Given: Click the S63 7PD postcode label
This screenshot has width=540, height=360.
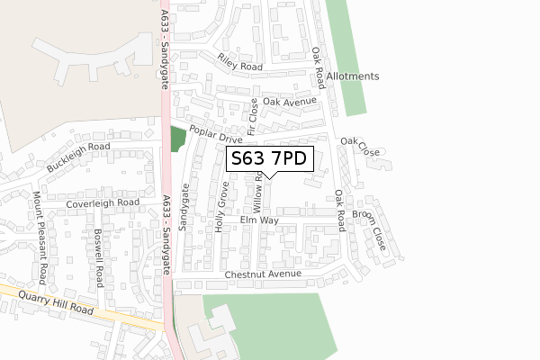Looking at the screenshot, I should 270,159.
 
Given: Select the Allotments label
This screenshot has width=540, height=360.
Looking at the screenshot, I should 354,76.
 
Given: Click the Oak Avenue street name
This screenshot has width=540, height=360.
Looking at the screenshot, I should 290,102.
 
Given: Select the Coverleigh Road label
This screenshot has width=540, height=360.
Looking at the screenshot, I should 103,203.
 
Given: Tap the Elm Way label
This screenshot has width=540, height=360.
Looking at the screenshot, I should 259,220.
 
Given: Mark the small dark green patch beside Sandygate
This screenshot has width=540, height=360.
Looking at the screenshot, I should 176,139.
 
